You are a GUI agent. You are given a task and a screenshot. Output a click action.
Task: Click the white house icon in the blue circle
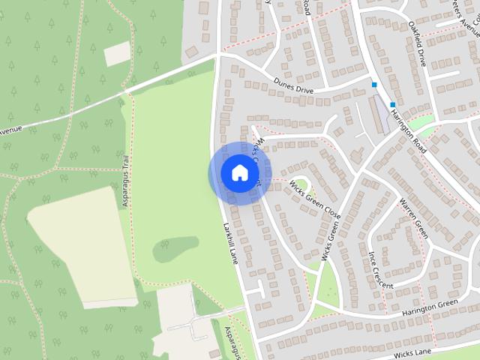pyautogui.click(x=239, y=172)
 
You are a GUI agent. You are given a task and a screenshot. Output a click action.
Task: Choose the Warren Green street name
pyautogui.click(x=413, y=217)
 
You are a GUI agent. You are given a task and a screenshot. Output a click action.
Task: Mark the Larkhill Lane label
pyautogui.click(x=231, y=241)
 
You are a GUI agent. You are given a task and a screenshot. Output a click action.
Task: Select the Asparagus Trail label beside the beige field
pyautogui.click(x=127, y=182)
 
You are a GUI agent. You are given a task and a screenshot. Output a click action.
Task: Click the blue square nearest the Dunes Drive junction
pyautogui.click(x=374, y=85)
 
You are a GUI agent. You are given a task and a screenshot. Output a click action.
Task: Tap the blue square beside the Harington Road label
pyautogui.click(x=392, y=104)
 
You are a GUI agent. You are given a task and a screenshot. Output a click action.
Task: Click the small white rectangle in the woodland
pyautogui.click(x=117, y=53)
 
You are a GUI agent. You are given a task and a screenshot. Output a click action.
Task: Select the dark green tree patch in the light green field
pyautogui.click(x=175, y=249)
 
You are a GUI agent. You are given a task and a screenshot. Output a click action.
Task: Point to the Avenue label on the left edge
pyautogui.click(x=12, y=130)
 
